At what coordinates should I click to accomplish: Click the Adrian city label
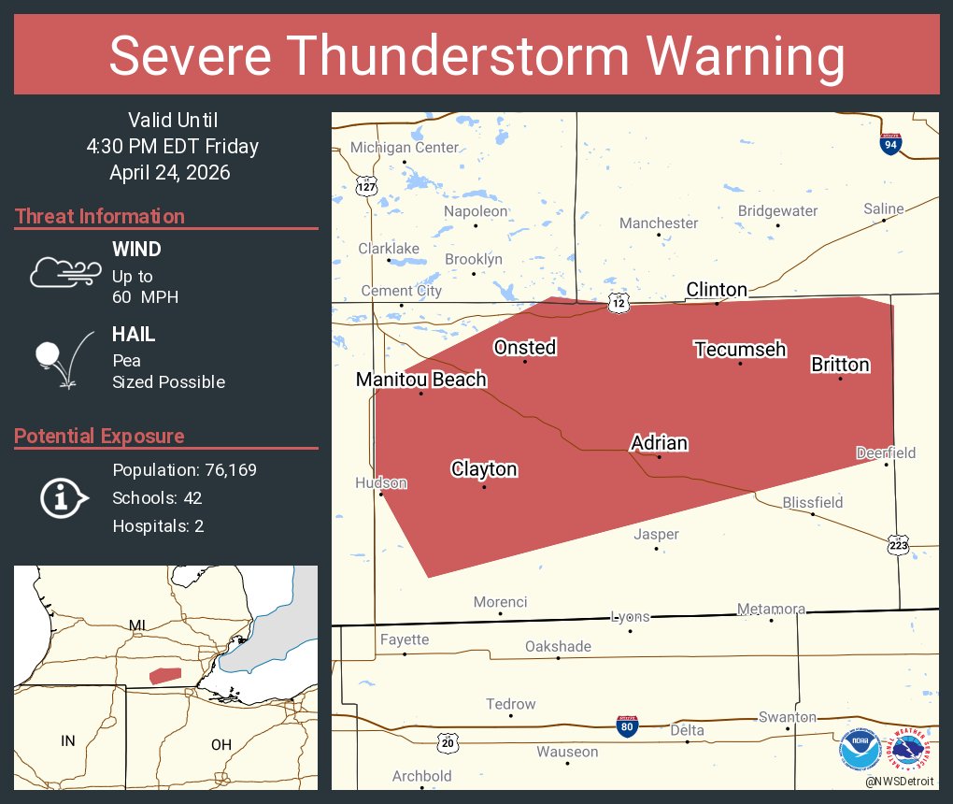pos(659,443)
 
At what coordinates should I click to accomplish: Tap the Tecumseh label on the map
pos(740,350)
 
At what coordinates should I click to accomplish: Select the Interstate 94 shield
pos(890,144)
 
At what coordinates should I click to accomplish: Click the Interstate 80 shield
pos(628,726)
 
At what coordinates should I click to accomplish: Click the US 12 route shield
pos(619,302)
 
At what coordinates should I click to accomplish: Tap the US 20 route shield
pos(448,742)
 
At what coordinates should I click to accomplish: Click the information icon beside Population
pos(63,497)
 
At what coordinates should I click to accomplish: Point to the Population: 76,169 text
pos(184,470)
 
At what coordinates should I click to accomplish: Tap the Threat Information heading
pos(100,217)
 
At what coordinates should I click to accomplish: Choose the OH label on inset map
pos(220,744)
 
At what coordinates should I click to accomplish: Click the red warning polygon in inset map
pos(165,675)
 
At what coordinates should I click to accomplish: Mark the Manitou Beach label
pos(420,380)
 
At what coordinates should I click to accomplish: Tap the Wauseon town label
pos(567,752)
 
